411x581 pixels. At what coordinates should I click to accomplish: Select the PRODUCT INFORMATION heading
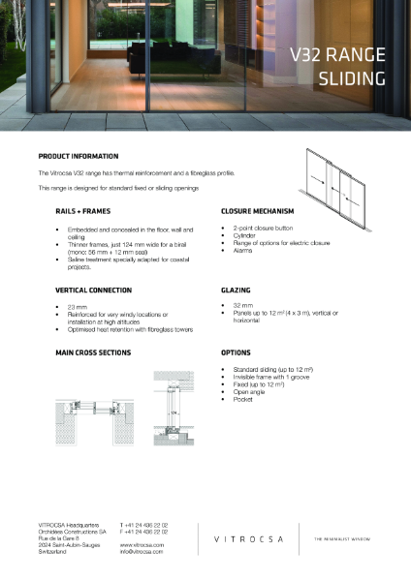coord(79,156)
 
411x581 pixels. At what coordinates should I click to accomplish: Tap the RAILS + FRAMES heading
coord(83,210)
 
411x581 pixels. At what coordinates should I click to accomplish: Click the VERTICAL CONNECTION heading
coord(94,290)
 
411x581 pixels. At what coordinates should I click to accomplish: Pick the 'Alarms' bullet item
coord(242,249)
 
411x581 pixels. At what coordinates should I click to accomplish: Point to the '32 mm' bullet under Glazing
coord(241,307)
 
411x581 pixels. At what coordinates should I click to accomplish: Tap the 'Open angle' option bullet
coord(248,391)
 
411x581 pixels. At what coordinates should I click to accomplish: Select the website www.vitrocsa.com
coord(140,545)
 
